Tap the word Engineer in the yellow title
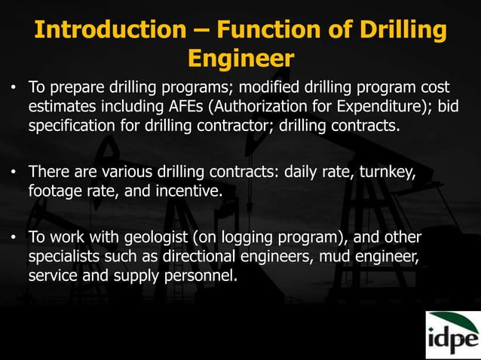point(240,58)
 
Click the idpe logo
point(452,334)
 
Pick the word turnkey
point(385,173)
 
